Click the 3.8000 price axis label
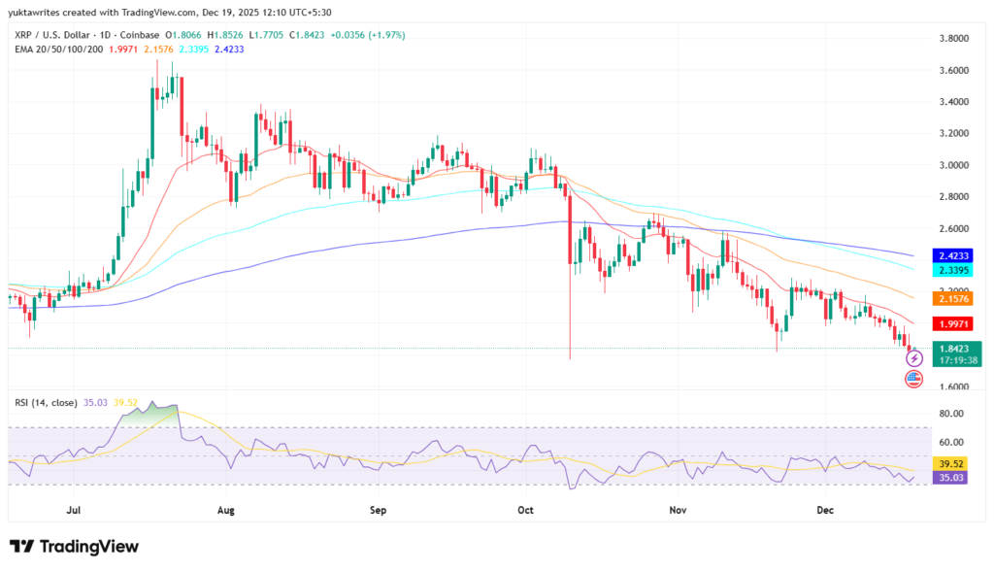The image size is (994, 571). tap(952, 39)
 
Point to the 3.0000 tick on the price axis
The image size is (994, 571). tap(952, 165)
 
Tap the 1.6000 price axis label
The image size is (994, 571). tap(952, 386)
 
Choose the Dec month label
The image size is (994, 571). tap(826, 509)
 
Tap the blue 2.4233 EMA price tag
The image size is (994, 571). tap(955, 255)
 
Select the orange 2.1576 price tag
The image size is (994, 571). tap(955, 299)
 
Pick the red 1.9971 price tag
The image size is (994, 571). tap(955, 323)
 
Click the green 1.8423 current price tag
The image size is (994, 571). tap(955, 353)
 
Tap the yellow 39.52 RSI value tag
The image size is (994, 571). tap(955, 464)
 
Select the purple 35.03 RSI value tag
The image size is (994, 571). tap(955, 478)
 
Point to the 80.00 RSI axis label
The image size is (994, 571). tap(952, 414)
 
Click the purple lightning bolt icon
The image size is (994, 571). tap(913, 359)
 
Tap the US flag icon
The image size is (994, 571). tap(913, 379)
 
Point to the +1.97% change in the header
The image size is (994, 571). tap(383, 35)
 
